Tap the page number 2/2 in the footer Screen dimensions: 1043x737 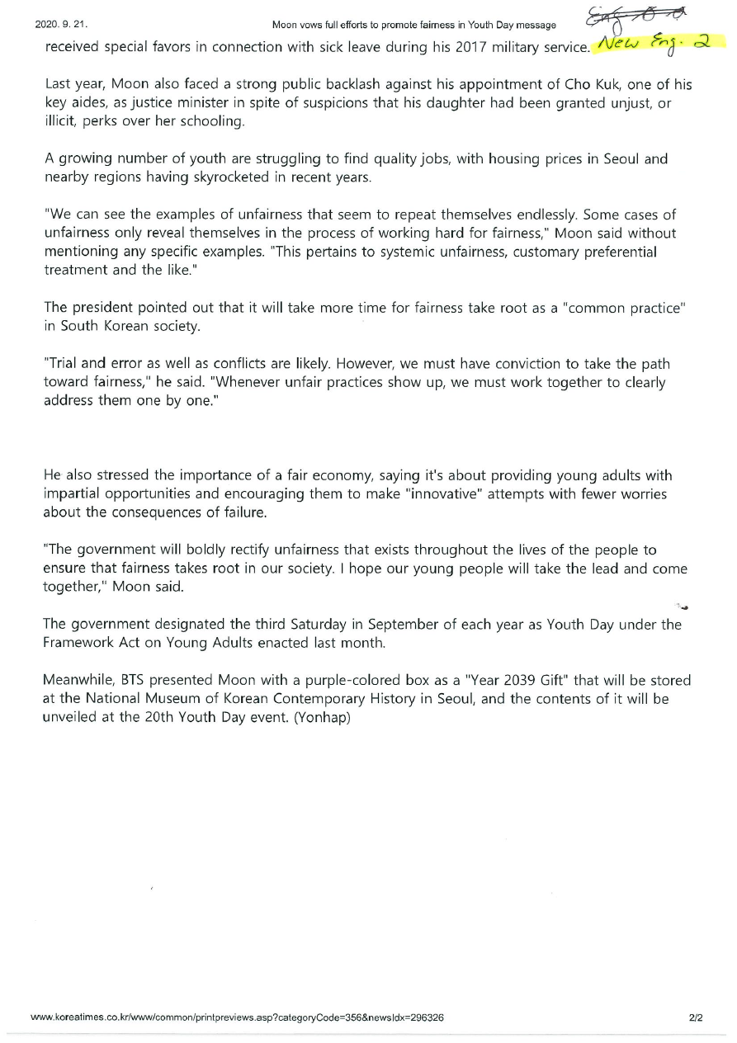click(x=696, y=1017)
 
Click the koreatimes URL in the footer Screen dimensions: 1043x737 click(x=237, y=1017)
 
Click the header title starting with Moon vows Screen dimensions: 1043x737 click(x=413, y=25)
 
